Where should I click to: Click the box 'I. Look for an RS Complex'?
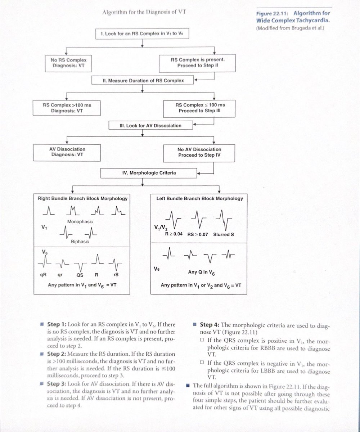(142, 33)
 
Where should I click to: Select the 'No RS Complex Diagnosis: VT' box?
(68, 63)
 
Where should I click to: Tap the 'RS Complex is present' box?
(197, 63)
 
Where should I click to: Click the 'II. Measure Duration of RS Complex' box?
(143, 80)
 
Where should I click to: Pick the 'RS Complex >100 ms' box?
(67, 108)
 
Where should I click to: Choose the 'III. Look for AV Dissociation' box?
(151, 125)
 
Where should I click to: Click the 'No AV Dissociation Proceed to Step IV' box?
(199, 153)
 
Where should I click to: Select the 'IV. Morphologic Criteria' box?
(149, 173)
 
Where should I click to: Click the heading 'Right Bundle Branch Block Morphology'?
(82, 198)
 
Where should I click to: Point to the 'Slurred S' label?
(224, 234)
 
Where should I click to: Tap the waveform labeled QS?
(80, 266)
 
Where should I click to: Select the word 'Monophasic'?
(80, 222)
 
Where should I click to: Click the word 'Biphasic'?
(80, 242)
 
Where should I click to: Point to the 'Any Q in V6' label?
(201, 272)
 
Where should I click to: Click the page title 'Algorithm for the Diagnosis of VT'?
(144, 12)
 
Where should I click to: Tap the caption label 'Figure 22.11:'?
(272, 14)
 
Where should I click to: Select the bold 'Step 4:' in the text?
(210, 325)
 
